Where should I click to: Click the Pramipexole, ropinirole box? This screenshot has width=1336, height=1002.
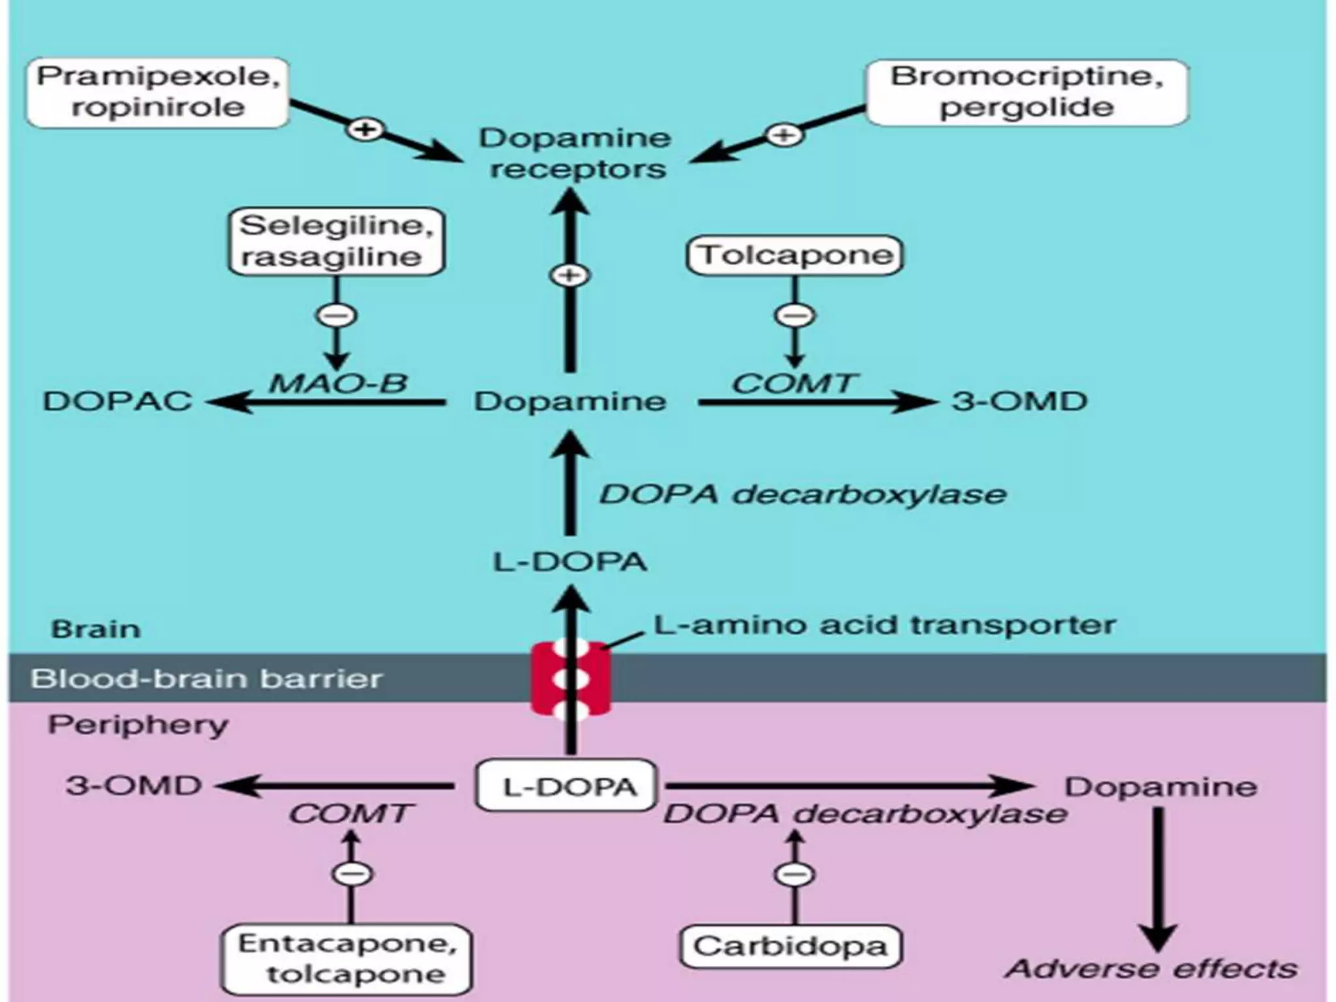[x=157, y=92]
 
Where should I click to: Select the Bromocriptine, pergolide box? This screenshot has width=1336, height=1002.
[x=1026, y=92]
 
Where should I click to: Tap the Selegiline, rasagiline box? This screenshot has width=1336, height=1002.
[x=335, y=241]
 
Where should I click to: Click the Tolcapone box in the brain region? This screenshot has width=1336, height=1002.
[x=795, y=255]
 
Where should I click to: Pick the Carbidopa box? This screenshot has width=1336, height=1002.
[x=790, y=947]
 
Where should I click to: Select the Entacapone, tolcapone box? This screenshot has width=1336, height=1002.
[x=346, y=958]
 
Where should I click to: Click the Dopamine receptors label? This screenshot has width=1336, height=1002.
[x=576, y=153]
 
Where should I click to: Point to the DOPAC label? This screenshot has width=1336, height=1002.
[x=117, y=401]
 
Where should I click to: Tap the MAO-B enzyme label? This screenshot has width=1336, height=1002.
[x=339, y=383]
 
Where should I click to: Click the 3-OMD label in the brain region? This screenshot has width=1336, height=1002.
[x=1020, y=401]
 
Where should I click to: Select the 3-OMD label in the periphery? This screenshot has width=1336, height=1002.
[x=134, y=785]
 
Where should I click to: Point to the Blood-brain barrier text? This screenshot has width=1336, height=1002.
[x=206, y=678]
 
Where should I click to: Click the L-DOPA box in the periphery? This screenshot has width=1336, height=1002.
[x=566, y=787]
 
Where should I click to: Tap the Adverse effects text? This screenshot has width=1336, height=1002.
[x=1151, y=969]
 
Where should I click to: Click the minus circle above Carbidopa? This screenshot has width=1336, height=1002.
[x=794, y=873]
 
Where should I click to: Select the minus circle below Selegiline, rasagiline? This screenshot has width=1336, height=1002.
[x=337, y=316]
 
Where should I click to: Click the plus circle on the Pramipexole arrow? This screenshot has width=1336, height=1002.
[x=365, y=129]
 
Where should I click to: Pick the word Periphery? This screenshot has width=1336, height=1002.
[x=138, y=725]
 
